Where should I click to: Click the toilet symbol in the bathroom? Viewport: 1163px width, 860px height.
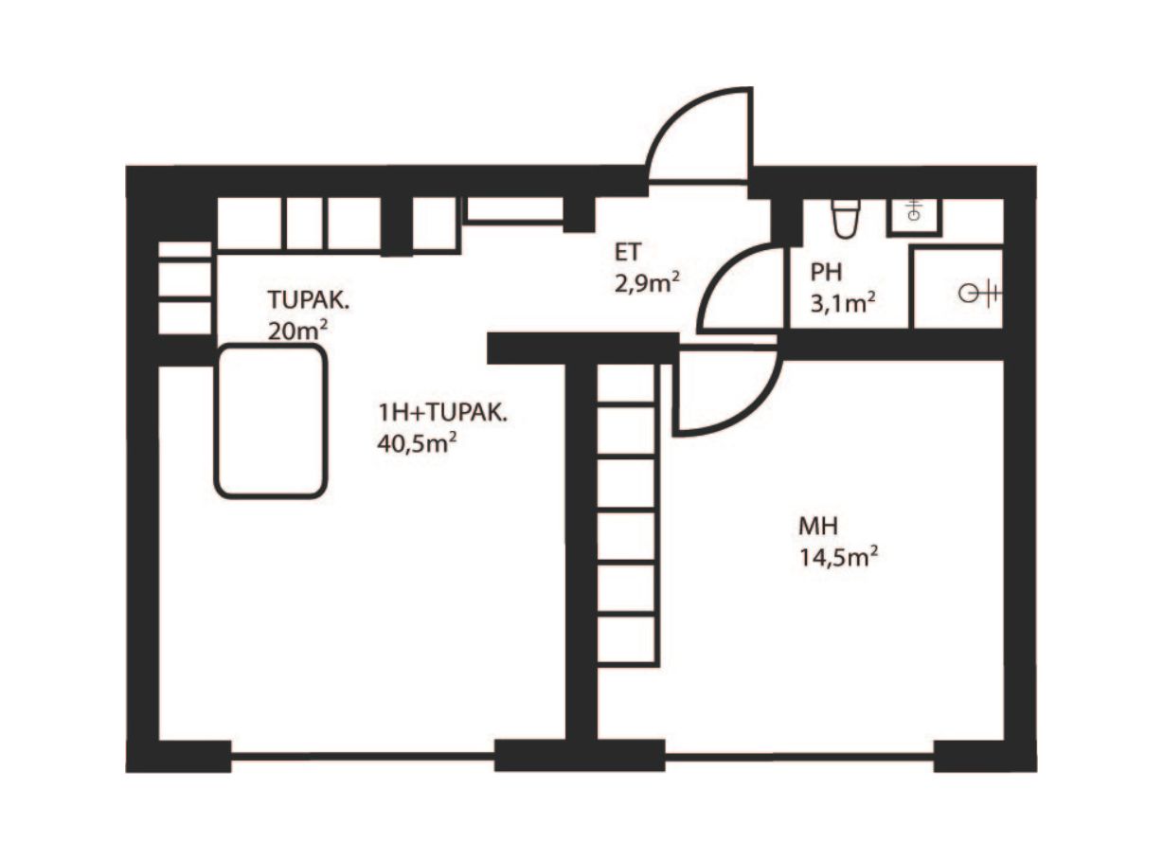845,218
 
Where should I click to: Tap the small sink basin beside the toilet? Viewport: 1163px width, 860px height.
914,216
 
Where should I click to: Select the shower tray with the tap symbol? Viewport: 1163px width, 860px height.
957,288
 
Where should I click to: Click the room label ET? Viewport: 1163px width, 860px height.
628,252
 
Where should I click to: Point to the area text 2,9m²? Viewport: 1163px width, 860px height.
647,284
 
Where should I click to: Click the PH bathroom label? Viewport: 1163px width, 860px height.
827,272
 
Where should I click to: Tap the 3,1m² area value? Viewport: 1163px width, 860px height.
843,303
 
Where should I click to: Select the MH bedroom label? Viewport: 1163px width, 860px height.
818,526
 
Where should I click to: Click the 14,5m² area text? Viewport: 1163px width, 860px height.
838,558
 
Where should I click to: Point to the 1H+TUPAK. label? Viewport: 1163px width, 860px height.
443,413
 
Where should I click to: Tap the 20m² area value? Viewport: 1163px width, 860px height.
297,331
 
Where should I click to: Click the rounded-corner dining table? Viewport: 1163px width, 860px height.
271,421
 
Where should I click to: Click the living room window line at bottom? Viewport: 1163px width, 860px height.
363,756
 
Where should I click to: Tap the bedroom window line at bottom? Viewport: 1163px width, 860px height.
799,757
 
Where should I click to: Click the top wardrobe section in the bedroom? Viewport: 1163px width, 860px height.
627,385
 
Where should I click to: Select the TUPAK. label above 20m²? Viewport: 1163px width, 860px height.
309,299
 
